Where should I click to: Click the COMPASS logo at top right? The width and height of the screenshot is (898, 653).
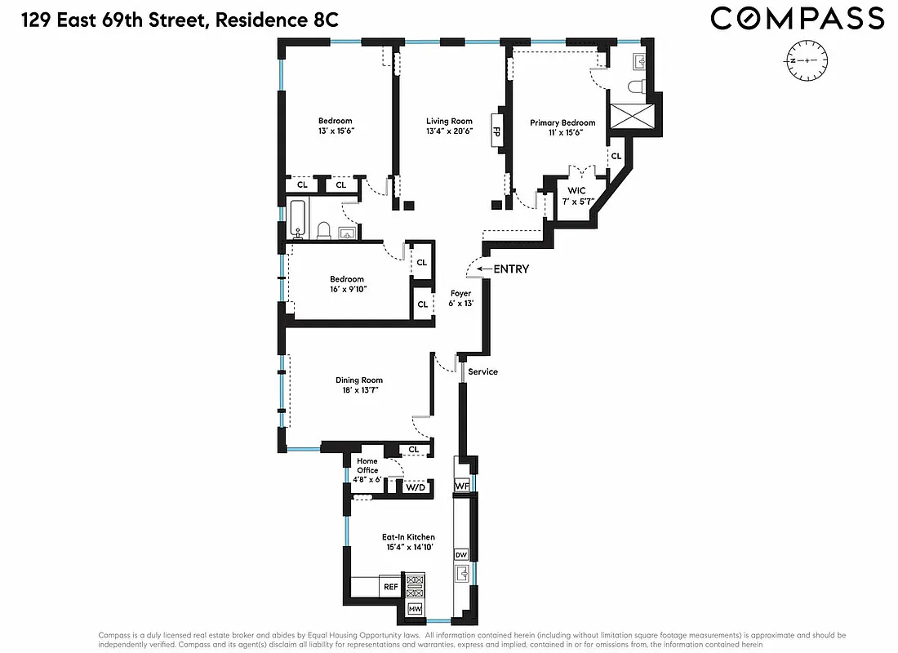pos(797,18)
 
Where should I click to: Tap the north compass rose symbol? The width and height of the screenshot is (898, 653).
pos(807,61)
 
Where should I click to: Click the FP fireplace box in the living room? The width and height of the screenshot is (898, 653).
pos(496,129)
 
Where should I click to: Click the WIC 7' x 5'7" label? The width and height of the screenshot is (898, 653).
pos(577,196)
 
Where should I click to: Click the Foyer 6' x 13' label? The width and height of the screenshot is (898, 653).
pos(461,298)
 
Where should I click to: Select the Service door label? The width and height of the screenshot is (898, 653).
pos(483,371)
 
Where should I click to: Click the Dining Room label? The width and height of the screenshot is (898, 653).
pos(359,385)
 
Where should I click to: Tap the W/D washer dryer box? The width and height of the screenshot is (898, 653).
pos(415,487)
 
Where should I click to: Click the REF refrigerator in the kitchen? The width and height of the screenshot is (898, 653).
pos(389,586)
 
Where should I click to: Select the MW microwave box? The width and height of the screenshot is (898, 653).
pos(415,609)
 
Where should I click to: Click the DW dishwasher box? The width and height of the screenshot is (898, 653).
pos(460,553)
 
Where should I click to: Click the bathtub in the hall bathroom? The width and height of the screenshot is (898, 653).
pos(297,219)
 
